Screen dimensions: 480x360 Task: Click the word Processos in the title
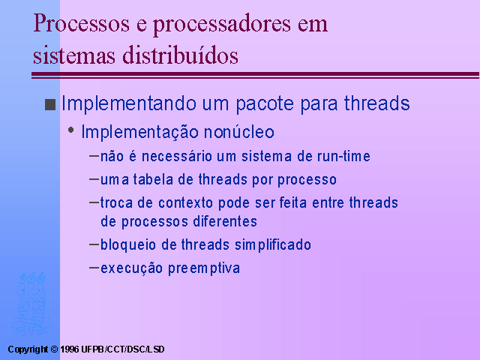82,23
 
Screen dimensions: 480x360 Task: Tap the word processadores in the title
222,25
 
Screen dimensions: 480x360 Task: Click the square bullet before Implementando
50,104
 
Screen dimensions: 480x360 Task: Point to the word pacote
265,104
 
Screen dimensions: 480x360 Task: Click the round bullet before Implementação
71,130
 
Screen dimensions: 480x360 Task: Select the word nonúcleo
239,132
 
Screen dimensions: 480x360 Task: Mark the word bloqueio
128,245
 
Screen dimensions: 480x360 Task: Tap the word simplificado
273,245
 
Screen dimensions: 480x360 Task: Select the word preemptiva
204,268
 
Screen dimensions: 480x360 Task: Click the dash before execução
93,267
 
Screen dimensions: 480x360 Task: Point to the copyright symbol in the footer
54,349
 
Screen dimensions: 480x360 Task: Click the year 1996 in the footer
70,349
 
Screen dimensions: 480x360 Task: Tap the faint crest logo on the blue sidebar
31,304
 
